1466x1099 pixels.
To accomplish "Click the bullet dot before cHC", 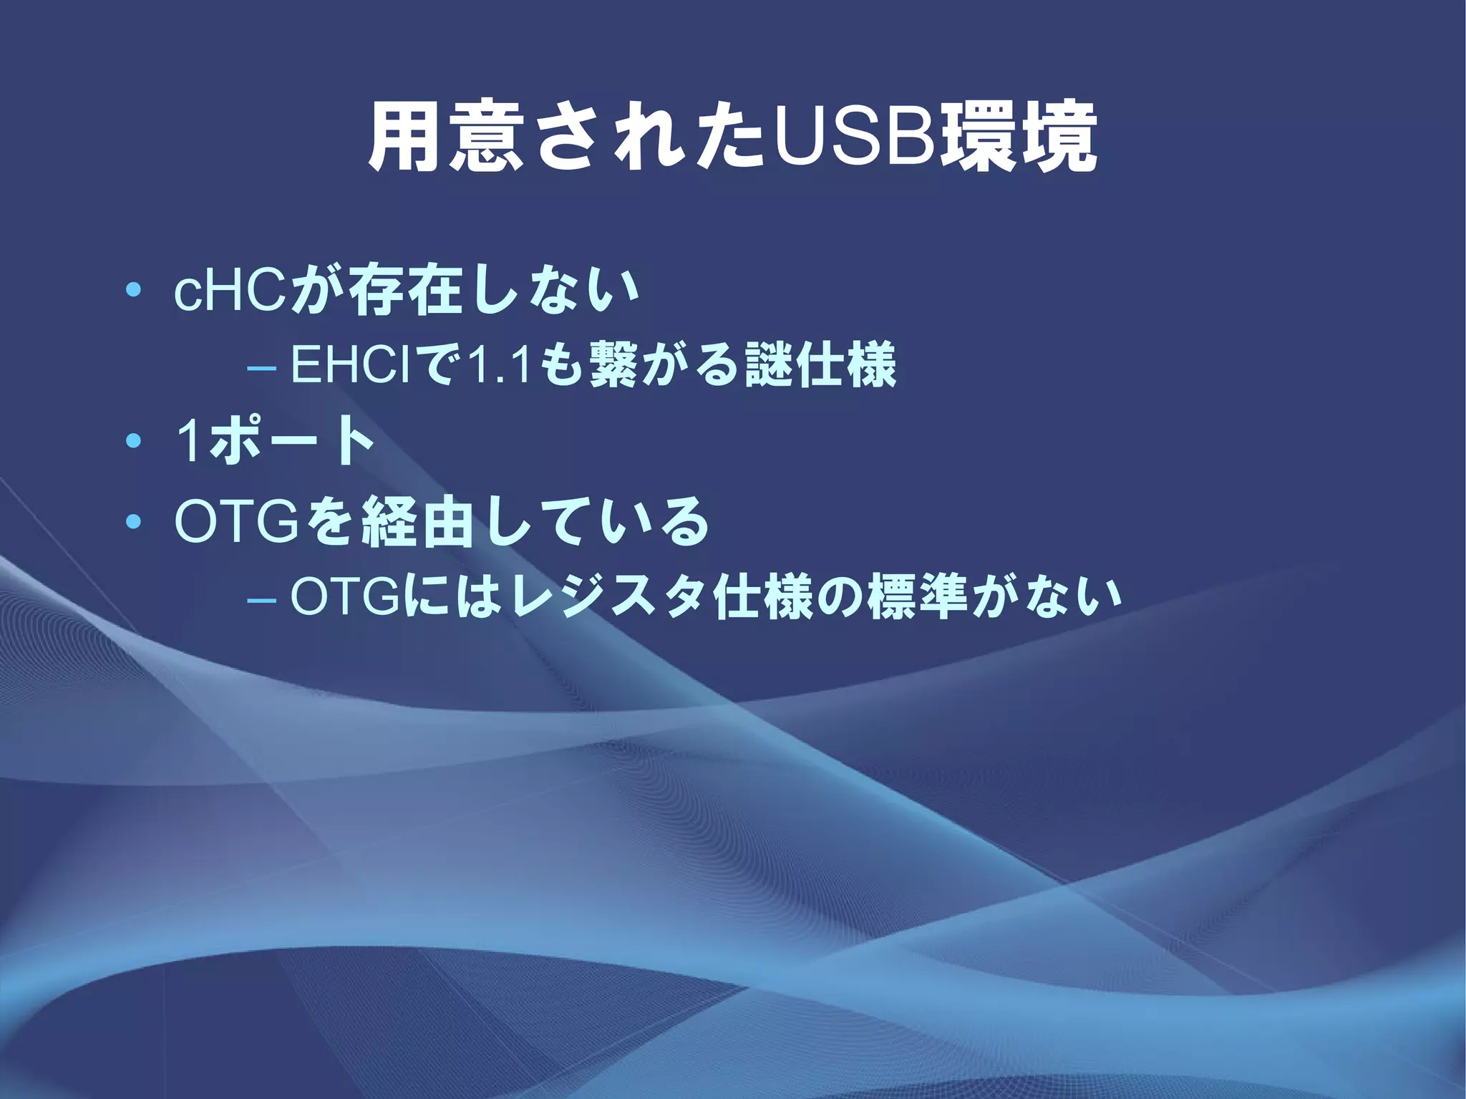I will click(133, 291).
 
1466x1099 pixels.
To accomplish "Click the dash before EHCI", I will click(261, 368).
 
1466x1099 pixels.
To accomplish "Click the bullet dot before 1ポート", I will click(133, 442).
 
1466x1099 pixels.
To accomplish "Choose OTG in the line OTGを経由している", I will click(236, 523).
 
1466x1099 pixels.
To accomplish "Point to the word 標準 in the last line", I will click(918, 597).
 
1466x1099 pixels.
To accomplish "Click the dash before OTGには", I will click(261, 600).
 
